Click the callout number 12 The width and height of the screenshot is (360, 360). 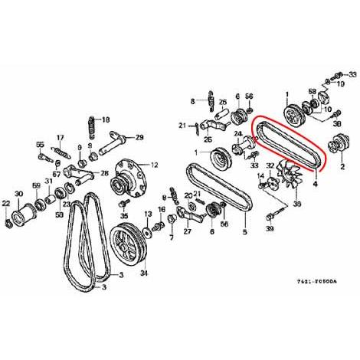tap(155, 164)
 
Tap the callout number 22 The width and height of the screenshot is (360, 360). tap(6, 203)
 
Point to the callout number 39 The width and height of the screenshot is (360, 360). tap(270, 227)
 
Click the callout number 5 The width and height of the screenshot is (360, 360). tap(244, 232)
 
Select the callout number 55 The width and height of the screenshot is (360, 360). tap(41, 144)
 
